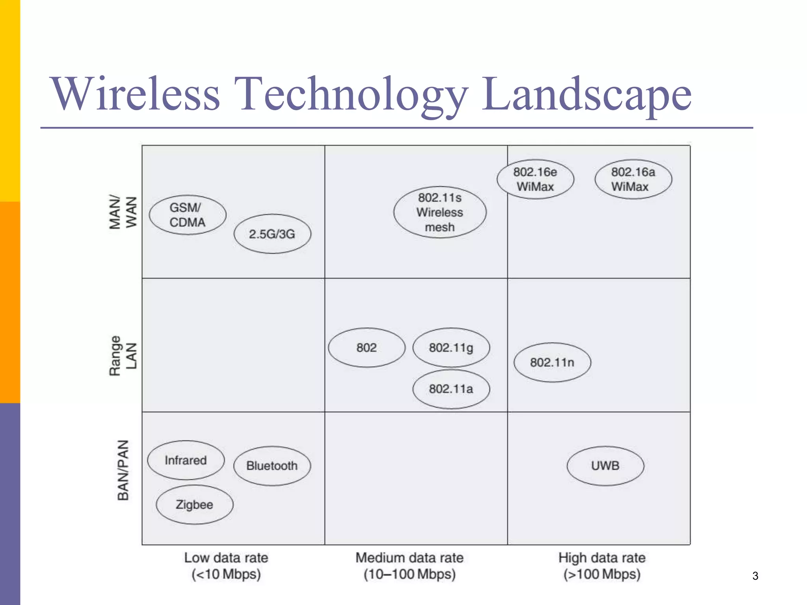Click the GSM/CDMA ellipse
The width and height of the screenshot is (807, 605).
pyautogui.click(x=188, y=215)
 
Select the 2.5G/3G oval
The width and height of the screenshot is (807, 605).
pyautogui.click(x=272, y=234)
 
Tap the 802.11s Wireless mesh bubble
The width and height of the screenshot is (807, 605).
pyautogui.click(x=440, y=212)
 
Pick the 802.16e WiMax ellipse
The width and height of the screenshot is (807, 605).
pyautogui.click(x=535, y=179)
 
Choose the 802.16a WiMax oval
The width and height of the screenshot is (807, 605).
pyautogui.click(x=633, y=179)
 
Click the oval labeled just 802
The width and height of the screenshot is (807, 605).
pyautogui.click(x=366, y=348)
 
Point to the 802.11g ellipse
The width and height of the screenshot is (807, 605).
pyautogui.click(x=451, y=348)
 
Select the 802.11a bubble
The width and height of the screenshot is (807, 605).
pyautogui.click(x=451, y=389)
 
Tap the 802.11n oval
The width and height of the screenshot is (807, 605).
pyautogui.click(x=552, y=362)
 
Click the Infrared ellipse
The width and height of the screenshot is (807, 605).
pyautogui.click(x=186, y=460)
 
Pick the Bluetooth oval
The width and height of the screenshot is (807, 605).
pyautogui.click(x=272, y=466)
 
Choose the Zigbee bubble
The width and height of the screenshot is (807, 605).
pyautogui.click(x=194, y=505)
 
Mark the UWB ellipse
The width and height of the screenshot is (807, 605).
pyautogui.click(x=605, y=466)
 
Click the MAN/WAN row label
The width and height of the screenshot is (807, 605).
pyautogui.click(x=123, y=212)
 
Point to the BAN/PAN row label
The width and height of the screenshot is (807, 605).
pyautogui.click(x=123, y=470)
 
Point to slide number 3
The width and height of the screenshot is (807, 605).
pyautogui.click(x=755, y=576)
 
